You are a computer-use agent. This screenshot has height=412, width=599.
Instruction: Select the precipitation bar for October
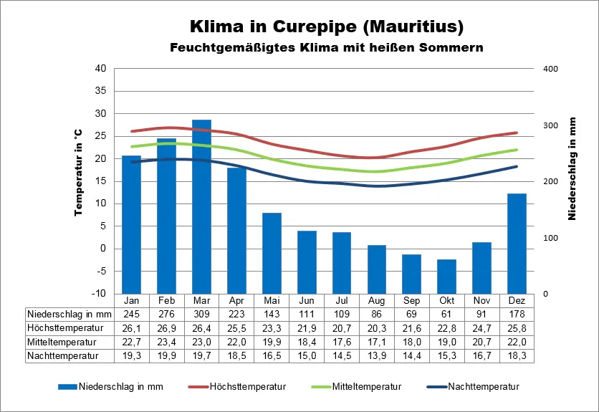(x=446, y=277)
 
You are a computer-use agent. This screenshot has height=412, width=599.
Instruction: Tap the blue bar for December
(x=517, y=244)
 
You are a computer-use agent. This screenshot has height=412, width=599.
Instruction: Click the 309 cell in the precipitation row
(x=201, y=314)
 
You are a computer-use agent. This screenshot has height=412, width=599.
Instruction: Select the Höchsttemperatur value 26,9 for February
(x=166, y=327)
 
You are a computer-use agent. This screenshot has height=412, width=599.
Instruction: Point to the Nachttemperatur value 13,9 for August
(x=377, y=355)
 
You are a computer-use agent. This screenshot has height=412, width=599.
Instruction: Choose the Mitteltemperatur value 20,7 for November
(x=482, y=341)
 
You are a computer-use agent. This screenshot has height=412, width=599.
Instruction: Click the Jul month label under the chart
(x=342, y=300)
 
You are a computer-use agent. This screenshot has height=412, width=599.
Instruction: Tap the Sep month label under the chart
(x=411, y=300)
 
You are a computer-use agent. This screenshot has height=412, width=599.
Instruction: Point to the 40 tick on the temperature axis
(x=101, y=69)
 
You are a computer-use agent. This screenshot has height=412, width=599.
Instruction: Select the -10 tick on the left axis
(x=100, y=294)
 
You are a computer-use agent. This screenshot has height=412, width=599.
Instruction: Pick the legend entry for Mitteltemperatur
(x=365, y=387)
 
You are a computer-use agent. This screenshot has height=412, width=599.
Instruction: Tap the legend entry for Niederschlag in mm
(x=120, y=387)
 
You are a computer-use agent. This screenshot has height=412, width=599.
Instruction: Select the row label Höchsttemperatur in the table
(x=65, y=327)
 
